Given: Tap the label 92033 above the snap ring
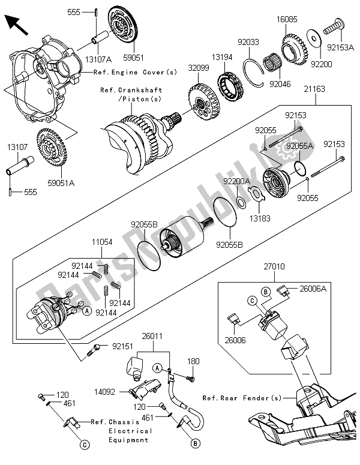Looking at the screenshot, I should click(247, 43).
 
